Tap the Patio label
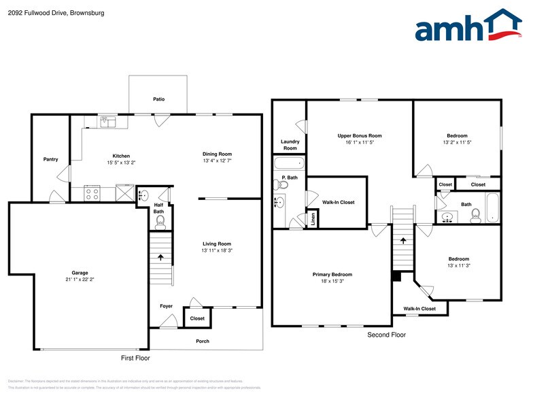click(x=158, y=99)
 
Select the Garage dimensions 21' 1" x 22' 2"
click(x=80, y=279)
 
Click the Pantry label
click(x=50, y=159)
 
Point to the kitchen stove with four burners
click(x=92, y=193)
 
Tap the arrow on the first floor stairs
click(x=160, y=257)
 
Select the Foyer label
click(x=166, y=306)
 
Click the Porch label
click(x=202, y=341)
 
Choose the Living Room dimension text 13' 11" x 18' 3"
click(x=217, y=251)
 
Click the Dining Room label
click(x=217, y=154)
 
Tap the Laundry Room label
click(x=290, y=145)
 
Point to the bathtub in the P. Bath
click(x=290, y=164)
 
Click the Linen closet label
click(x=313, y=219)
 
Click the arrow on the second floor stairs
click(x=402, y=240)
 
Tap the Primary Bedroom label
click(x=332, y=274)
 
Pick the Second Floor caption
click(x=386, y=335)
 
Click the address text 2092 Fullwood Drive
click(x=38, y=12)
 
